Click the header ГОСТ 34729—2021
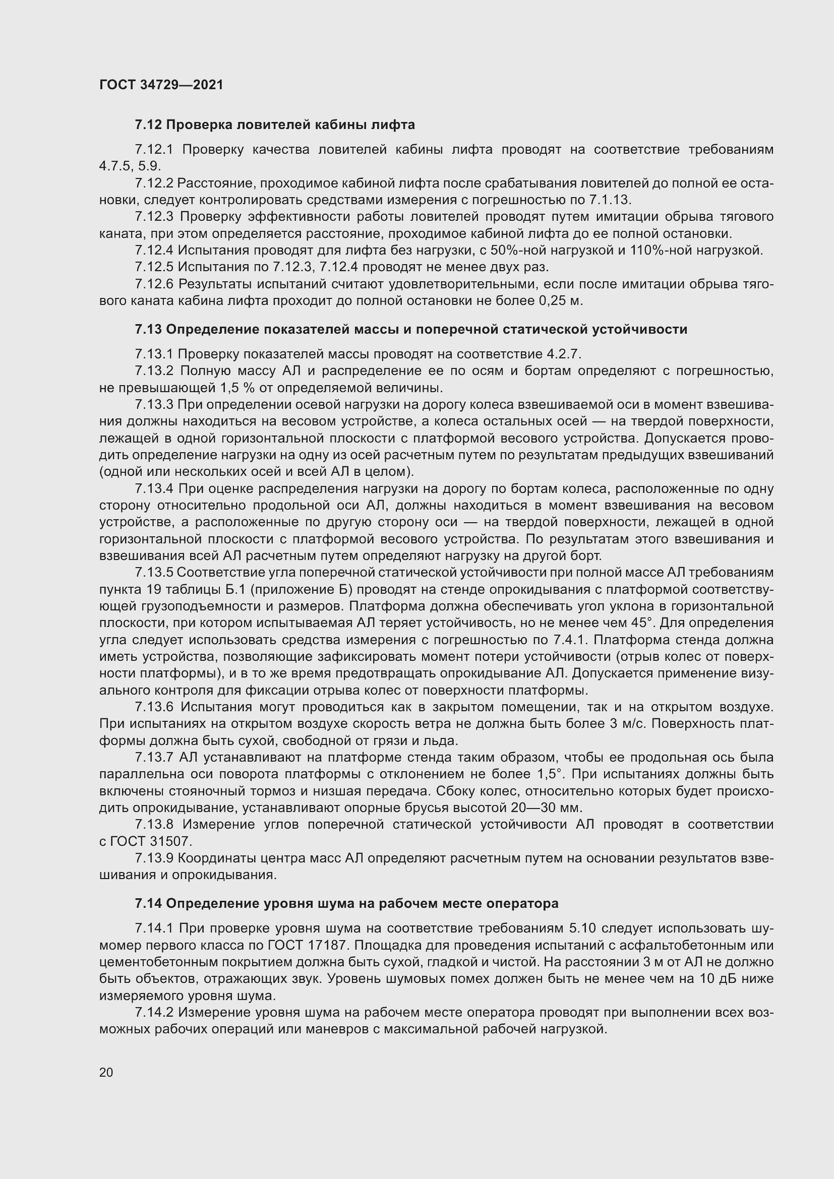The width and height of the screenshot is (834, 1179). [x=161, y=85]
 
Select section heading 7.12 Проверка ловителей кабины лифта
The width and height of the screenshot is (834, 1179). [x=275, y=125]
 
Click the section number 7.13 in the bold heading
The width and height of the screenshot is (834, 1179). [x=148, y=329]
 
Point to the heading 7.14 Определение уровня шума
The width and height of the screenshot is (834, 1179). [x=346, y=903]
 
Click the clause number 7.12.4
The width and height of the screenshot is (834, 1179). [x=155, y=251]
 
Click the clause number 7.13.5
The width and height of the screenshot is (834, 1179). [x=155, y=573]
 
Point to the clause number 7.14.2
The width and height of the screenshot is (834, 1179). [x=155, y=1013]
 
